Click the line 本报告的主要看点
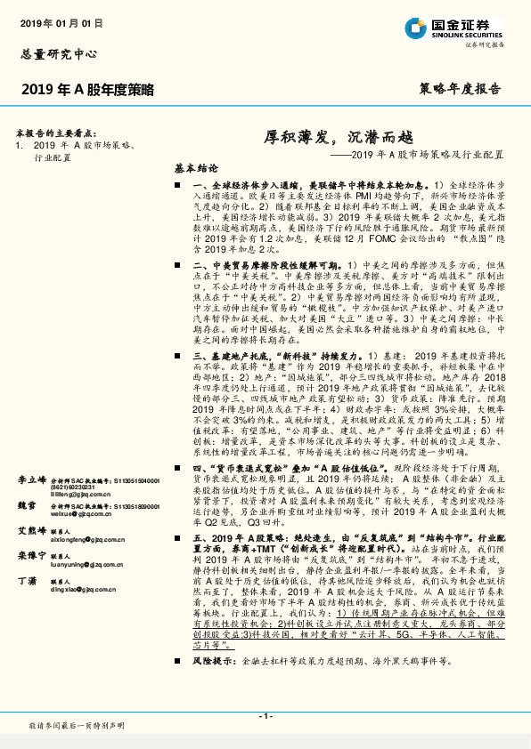coord(61,131)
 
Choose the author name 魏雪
coord(27,504)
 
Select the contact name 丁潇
coord(27,579)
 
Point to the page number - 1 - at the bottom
coord(265,716)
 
